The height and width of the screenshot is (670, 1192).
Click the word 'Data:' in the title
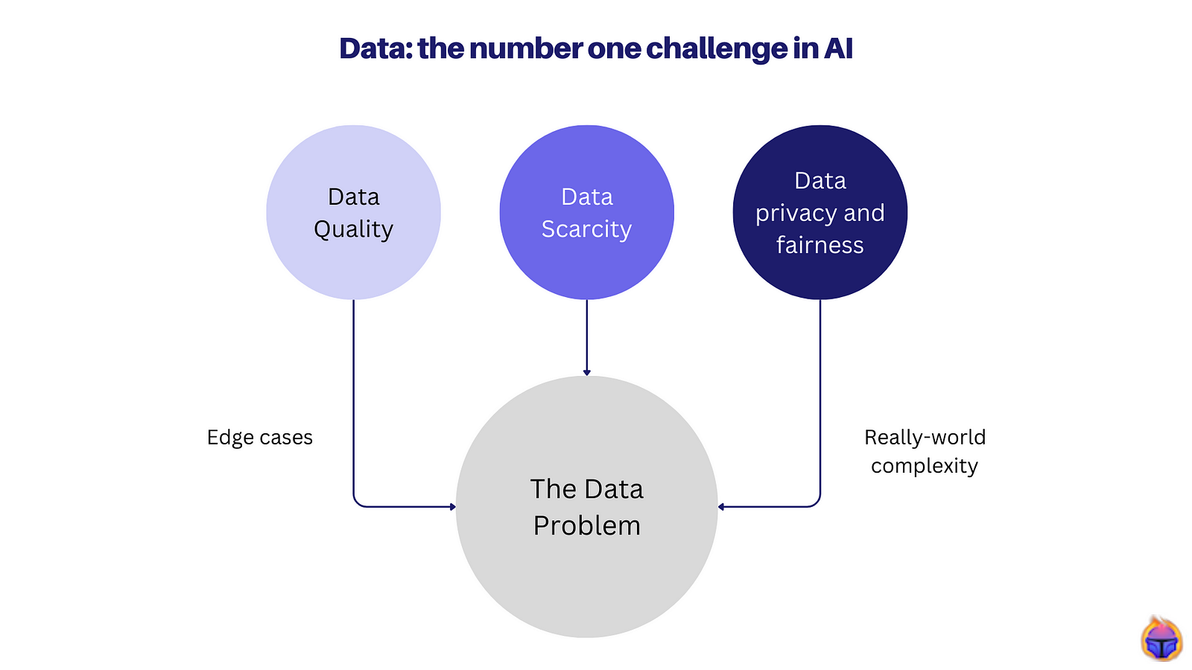375,49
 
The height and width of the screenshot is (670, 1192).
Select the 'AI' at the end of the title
838,49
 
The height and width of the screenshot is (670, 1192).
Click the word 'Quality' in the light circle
353,229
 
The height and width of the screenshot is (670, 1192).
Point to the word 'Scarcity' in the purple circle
586,229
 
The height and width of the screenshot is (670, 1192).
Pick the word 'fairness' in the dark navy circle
819,245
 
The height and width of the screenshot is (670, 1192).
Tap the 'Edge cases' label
259,437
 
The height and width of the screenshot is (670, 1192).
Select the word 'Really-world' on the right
925,437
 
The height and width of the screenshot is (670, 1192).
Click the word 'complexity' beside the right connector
924,466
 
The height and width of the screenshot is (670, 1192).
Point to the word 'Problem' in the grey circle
586,526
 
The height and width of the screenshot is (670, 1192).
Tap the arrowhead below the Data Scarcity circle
586,371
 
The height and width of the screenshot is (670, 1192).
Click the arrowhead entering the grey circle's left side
451,507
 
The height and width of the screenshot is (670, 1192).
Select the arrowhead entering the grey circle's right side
722,507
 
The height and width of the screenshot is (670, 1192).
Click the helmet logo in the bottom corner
1161,639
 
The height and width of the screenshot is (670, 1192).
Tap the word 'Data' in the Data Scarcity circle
586,197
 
